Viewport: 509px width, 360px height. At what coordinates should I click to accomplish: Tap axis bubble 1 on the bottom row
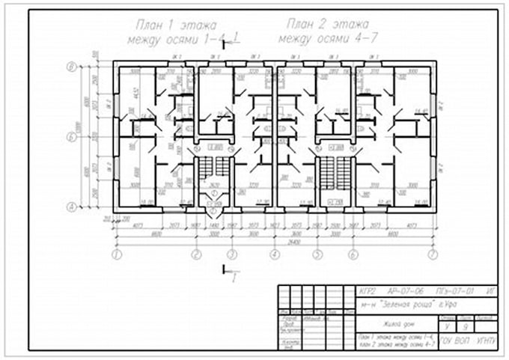[117, 254]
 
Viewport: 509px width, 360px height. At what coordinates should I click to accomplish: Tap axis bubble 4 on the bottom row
[275, 254]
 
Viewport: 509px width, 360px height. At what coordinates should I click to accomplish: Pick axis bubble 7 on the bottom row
[432, 254]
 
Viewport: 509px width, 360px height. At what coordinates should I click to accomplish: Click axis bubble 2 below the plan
[196, 254]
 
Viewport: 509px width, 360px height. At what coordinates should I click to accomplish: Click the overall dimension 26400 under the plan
[275, 242]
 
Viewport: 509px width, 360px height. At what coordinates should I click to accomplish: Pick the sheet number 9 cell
[467, 326]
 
